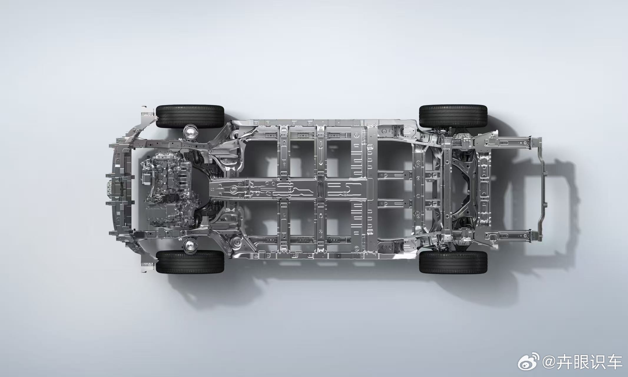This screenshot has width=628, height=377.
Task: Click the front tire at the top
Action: click(x=190, y=116)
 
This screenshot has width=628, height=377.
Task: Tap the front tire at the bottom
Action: click(x=190, y=262)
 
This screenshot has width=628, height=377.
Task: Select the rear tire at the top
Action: click(x=453, y=116)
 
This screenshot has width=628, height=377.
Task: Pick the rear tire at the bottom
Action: click(x=453, y=262)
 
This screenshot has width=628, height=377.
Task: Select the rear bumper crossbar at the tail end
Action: click(x=541, y=188)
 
